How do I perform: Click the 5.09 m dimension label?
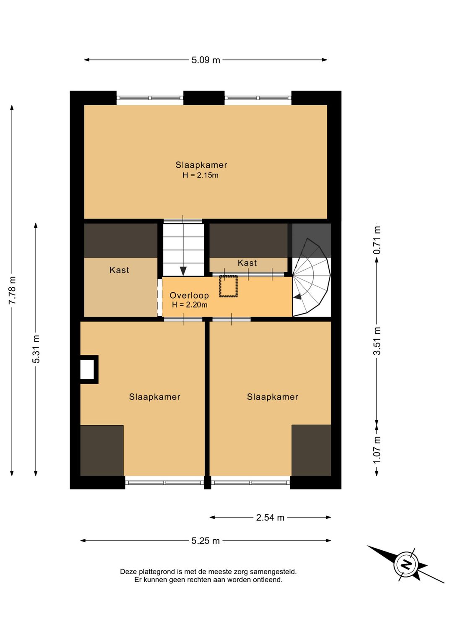(x=206, y=60)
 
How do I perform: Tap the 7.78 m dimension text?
(x=12, y=290)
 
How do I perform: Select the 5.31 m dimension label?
(x=36, y=349)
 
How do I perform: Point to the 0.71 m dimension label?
(x=377, y=240)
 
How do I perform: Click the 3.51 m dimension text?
(x=377, y=341)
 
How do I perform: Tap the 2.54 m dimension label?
(x=270, y=518)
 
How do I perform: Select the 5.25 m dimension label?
(x=206, y=541)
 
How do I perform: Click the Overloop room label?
(x=189, y=295)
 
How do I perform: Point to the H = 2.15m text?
(x=200, y=175)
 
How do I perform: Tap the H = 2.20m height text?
(x=190, y=305)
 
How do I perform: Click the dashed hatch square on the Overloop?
(x=228, y=286)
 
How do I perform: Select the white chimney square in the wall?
(x=87, y=369)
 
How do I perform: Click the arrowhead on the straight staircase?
(x=183, y=271)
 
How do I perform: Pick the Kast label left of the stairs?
(x=119, y=270)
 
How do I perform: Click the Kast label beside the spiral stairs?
(x=247, y=263)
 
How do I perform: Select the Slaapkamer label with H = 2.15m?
(x=201, y=165)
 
